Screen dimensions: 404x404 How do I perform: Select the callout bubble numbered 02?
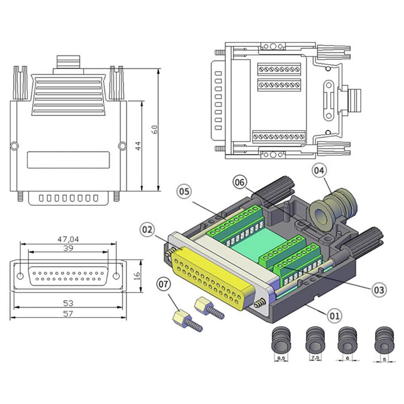tap(148, 230)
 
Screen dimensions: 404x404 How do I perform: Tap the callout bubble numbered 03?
tap(379, 289)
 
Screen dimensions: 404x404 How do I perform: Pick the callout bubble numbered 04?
tap(319, 171)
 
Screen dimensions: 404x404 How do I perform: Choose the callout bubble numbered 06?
tap(240, 182)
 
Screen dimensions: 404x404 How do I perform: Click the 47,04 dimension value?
tap(68, 239)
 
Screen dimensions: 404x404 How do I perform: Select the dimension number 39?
tap(69, 248)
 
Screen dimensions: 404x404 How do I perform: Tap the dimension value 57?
tap(69, 314)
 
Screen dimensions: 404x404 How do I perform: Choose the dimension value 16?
tap(137, 276)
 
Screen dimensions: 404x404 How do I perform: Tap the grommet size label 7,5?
tap(315, 358)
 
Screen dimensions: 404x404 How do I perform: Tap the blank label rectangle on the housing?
tap(68, 159)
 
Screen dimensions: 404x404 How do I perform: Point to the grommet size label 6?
tap(348, 358)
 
